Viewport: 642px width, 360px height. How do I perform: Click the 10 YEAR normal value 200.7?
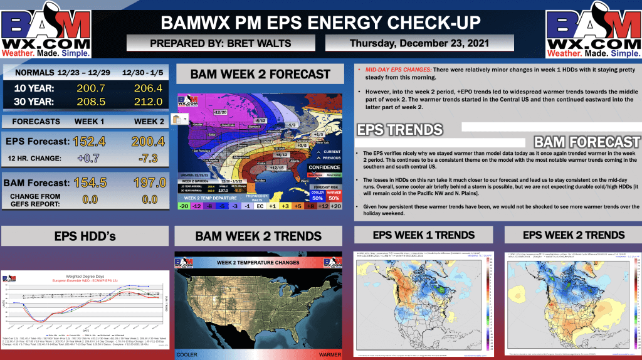tap(90, 87)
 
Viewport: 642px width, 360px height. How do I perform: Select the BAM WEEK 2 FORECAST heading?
tap(260, 74)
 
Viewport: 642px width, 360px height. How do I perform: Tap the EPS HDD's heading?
tap(84, 236)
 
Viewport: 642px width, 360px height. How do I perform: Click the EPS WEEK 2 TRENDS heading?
tap(574, 235)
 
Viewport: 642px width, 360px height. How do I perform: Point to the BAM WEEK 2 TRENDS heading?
tap(259, 236)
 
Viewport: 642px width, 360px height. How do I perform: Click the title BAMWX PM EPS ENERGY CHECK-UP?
tap(320, 23)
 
